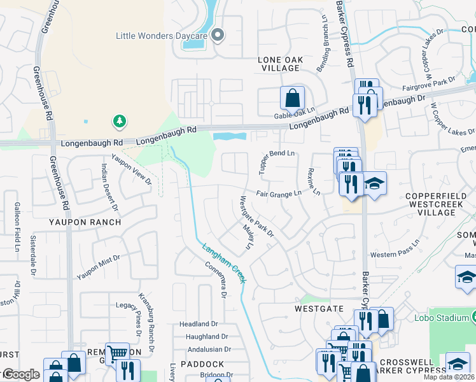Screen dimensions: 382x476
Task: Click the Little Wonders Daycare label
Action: click(x=162, y=36)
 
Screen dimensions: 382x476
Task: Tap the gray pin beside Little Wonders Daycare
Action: click(x=218, y=36)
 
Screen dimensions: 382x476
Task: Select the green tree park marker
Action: click(x=118, y=121)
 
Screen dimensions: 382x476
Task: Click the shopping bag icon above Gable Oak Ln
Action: click(x=292, y=98)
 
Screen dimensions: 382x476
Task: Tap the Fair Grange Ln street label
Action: click(x=279, y=193)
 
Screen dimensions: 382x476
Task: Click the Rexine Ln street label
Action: click(x=313, y=182)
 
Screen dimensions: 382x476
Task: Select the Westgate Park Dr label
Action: click(x=256, y=217)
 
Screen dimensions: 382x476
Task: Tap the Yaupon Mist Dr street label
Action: click(x=99, y=267)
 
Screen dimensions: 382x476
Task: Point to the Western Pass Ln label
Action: click(x=396, y=254)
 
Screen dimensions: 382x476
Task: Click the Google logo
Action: click(x=20, y=375)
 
